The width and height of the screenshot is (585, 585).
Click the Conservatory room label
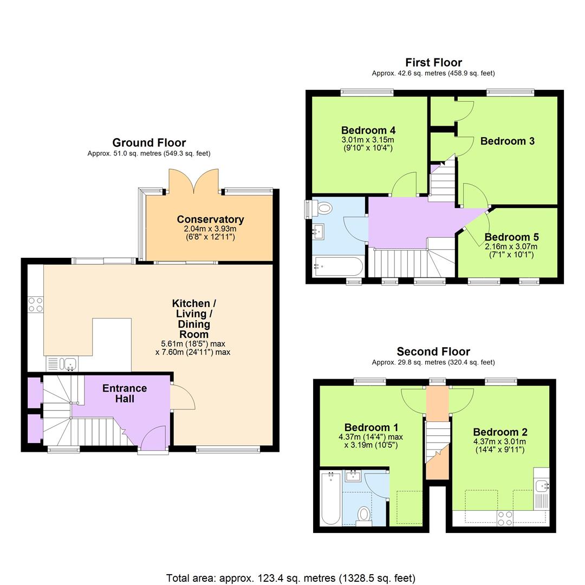[x=210, y=219]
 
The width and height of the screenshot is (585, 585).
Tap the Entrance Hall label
[x=125, y=393]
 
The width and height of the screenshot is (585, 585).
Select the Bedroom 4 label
[x=368, y=130]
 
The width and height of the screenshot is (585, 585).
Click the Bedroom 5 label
[x=511, y=237]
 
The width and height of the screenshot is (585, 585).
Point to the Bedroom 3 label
[x=508, y=141]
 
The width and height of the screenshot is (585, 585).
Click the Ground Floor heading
[x=149, y=142]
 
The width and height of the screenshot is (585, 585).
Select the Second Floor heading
[x=433, y=352]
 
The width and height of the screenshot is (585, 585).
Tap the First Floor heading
[x=433, y=62]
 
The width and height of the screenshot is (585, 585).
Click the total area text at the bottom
[x=291, y=578]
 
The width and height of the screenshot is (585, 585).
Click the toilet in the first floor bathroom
[x=324, y=208]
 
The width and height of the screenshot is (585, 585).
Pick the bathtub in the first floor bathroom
[x=338, y=266]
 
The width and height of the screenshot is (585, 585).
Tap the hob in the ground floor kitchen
[x=36, y=304]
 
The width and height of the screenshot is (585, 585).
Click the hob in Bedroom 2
[x=505, y=518]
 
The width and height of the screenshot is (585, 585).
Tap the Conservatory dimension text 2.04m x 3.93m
[x=210, y=229]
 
